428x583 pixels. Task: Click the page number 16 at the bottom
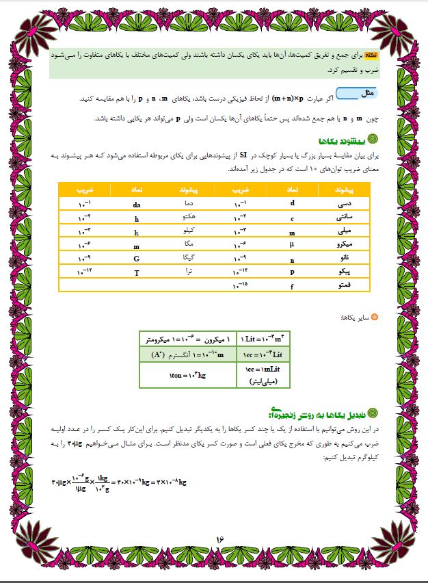220,539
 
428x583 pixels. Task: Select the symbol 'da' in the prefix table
136,204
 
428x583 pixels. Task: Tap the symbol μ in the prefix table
292,244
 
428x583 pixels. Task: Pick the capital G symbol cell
136,259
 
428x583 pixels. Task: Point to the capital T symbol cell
136,272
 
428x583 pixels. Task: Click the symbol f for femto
292,286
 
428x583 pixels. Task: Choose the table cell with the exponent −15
241,286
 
